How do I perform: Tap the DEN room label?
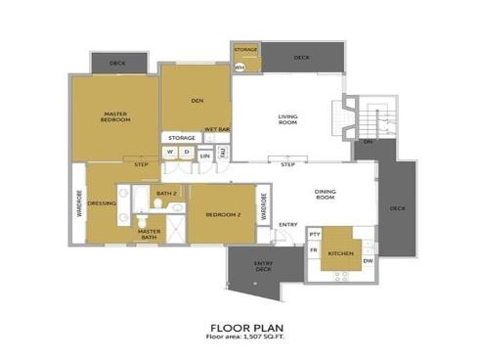[x=196, y=101]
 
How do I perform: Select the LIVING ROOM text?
[x=287, y=120]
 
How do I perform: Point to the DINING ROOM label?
[x=326, y=195]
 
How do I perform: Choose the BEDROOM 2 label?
[x=224, y=214]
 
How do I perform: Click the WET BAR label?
[x=216, y=129]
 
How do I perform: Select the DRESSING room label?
[x=102, y=203]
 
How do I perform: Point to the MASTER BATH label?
[x=149, y=234]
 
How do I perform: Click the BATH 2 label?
[x=166, y=194]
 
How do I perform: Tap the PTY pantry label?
[x=315, y=235]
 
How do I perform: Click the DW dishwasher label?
[x=368, y=260]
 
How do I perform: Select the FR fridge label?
[x=314, y=251]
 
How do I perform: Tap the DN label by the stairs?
[x=368, y=142]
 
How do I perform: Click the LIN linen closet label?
[x=205, y=155]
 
